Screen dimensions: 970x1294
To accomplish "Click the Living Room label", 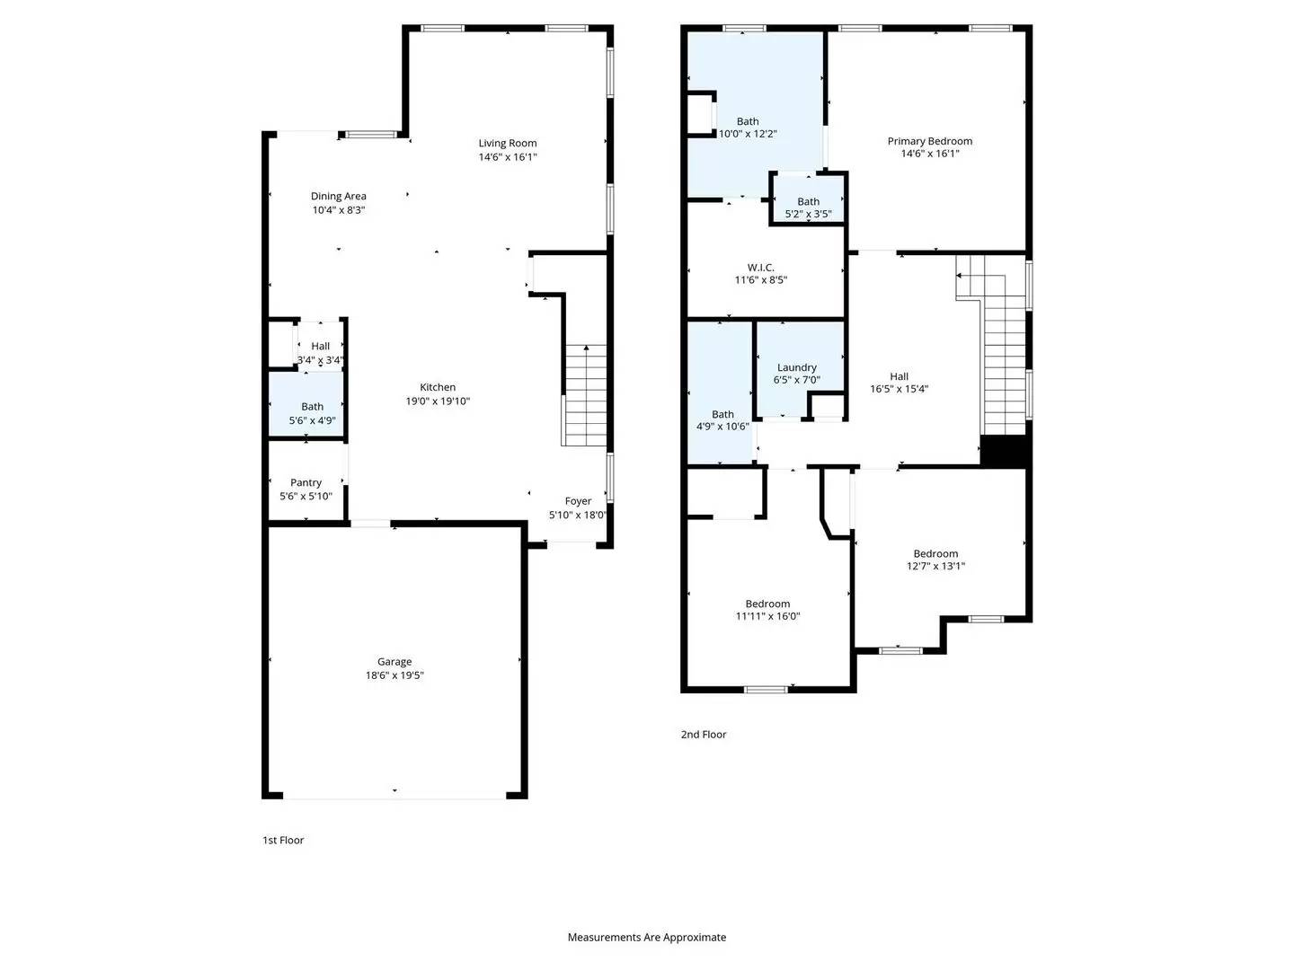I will (x=508, y=144).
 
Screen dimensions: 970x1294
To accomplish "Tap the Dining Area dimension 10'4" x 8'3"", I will (x=339, y=210).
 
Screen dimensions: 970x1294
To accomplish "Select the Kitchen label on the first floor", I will (x=438, y=388).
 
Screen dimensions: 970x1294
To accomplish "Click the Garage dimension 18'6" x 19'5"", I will (x=394, y=675).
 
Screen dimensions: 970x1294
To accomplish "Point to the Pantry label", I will (x=306, y=483).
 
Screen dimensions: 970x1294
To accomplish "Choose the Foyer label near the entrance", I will (x=578, y=502).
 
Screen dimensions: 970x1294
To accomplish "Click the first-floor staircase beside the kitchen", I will (x=585, y=395).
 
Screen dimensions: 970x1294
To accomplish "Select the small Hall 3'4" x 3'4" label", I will (x=321, y=347).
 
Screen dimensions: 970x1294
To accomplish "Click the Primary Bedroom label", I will (x=929, y=142).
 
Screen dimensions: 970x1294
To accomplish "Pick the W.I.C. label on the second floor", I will (x=760, y=268).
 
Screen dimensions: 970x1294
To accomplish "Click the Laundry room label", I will (x=797, y=367).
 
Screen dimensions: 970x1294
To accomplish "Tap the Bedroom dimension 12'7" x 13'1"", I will (x=935, y=567).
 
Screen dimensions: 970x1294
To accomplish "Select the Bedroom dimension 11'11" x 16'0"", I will (x=767, y=617).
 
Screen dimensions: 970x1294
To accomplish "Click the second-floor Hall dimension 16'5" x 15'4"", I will (x=899, y=390).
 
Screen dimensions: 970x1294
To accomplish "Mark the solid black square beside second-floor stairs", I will (x=1003, y=450).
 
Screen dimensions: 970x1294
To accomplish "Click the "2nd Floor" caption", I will (x=704, y=735).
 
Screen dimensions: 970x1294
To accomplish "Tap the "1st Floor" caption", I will (x=283, y=841).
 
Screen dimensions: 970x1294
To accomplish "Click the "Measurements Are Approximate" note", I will (x=646, y=938).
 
